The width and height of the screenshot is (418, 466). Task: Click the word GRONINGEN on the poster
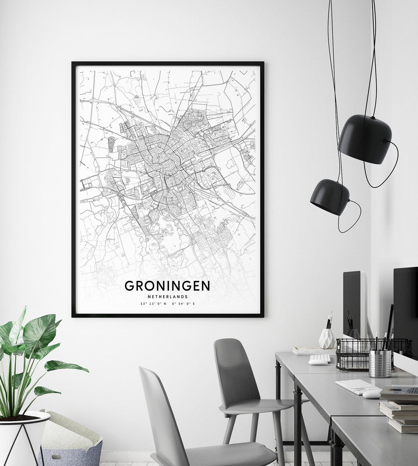(x=167, y=286)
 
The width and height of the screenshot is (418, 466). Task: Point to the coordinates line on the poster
(x=167, y=304)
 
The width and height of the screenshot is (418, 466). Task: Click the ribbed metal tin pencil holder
(x=380, y=363)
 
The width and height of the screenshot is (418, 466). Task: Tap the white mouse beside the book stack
(x=372, y=394)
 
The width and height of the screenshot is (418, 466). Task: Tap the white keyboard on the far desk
(x=323, y=357)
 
